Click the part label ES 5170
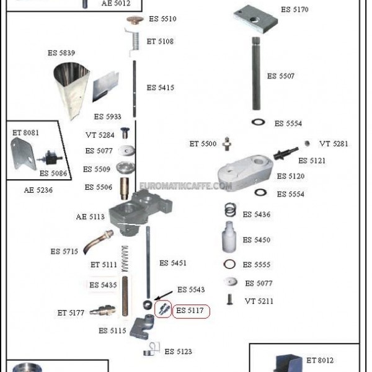294,9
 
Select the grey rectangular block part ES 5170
255,19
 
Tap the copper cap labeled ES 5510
135,20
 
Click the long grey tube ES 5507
256,74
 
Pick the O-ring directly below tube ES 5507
258,122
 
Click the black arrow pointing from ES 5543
164,295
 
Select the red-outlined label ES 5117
191,311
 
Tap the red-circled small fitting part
163,309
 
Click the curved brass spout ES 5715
98,242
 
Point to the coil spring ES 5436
230,210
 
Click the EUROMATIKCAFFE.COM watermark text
185,186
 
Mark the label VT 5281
334,144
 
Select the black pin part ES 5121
285,154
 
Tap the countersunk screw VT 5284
125,133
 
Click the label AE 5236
38,190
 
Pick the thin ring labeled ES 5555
229,264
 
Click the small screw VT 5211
229,299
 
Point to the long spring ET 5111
125,259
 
